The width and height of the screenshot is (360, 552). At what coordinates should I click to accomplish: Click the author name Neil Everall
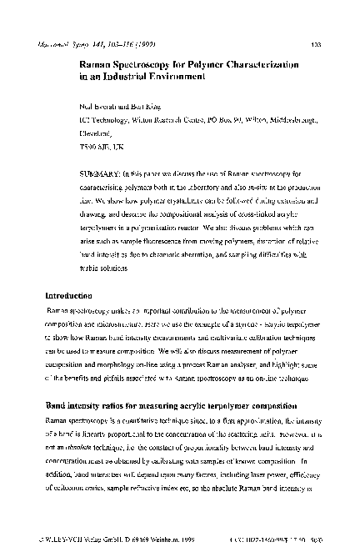click(98, 107)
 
